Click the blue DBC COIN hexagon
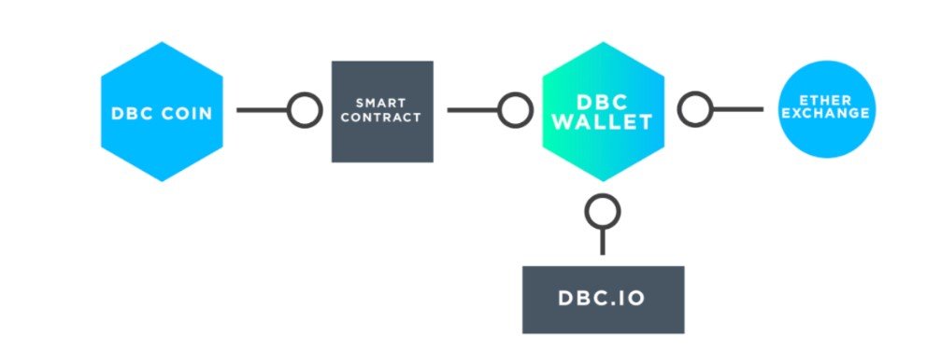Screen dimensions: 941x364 point(162,112)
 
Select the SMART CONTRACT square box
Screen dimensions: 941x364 point(382,112)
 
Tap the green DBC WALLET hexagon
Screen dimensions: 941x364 point(603,112)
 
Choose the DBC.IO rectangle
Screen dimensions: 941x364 point(603,300)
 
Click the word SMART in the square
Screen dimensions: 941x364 point(380,104)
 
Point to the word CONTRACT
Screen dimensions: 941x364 point(380,118)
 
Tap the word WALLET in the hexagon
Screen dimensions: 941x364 point(602,121)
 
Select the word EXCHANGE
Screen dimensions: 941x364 point(826,113)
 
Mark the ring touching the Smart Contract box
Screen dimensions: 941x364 point(305,110)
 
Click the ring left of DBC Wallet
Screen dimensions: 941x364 point(516,110)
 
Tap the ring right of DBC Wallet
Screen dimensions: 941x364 point(695,109)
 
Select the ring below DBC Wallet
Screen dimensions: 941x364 point(603,212)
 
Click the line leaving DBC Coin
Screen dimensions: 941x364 point(263,110)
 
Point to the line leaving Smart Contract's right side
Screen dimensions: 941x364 point(474,110)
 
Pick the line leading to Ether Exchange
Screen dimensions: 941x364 point(737,109)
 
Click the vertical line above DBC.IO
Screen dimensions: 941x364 point(603,241)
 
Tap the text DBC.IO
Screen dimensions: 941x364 point(602,300)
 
